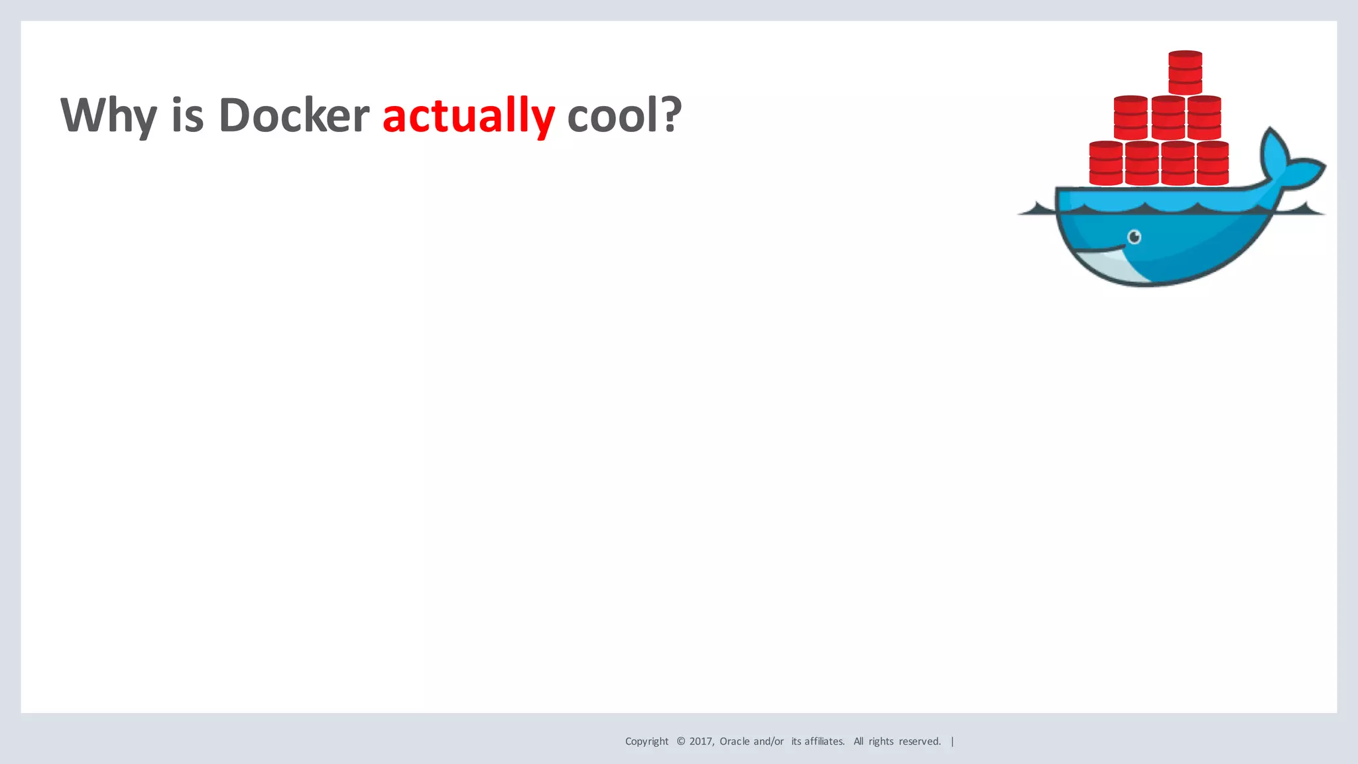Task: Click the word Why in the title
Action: pyautogui.click(x=109, y=116)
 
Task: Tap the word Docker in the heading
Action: pyautogui.click(x=293, y=116)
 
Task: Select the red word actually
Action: pyautogui.click(x=468, y=116)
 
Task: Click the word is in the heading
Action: pyautogui.click(x=187, y=116)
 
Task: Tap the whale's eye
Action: pyautogui.click(x=1135, y=237)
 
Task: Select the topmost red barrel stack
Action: pyautogui.click(x=1185, y=72)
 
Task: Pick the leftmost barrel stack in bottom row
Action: pyautogui.click(x=1105, y=162)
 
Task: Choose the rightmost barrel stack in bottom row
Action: pyautogui.click(x=1213, y=162)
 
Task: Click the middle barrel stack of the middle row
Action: pyautogui.click(x=1168, y=117)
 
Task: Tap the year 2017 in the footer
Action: pyautogui.click(x=701, y=741)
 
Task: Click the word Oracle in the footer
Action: pyautogui.click(x=735, y=741)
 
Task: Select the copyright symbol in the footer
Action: pyautogui.click(x=680, y=741)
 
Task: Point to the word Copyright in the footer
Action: pyautogui.click(x=647, y=741)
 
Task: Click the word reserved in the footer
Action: pyautogui.click(x=919, y=741)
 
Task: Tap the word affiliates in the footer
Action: pyautogui.click(x=824, y=741)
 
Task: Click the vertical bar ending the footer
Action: pyautogui.click(x=952, y=741)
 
